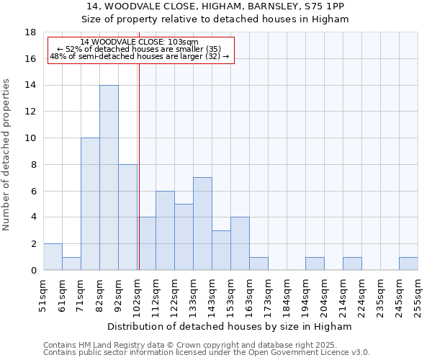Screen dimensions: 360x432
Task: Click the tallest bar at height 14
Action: point(109,178)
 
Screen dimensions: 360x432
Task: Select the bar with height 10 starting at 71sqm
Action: point(90,204)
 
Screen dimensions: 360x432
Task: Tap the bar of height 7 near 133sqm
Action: point(202,224)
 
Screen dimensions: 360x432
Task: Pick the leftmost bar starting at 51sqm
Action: point(53,257)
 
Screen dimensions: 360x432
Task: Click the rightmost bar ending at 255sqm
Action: point(408,264)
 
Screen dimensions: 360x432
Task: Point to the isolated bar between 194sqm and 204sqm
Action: point(315,264)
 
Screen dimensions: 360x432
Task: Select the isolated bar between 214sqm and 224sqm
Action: point(352,264)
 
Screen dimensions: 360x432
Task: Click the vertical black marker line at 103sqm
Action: point(139,166)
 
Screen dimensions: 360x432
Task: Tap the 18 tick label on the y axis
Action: point(30,32)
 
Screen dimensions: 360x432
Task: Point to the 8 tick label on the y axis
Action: point(33,165)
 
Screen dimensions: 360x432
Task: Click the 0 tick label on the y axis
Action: point(33,271)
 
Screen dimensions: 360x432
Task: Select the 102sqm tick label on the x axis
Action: point(137,296)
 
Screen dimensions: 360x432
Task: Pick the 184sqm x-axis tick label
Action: point(287,296)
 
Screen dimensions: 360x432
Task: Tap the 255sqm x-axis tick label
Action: point(418,296)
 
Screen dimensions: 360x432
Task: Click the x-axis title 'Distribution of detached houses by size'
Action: point(230,327)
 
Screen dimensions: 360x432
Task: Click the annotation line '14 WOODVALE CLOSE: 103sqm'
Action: point(140,42)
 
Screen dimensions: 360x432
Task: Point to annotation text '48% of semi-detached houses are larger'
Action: point(140,56)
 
